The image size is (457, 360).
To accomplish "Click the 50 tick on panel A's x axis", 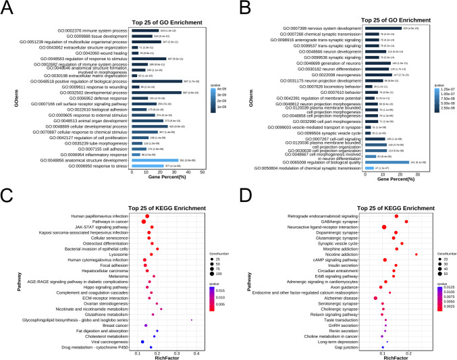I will click(x=203, y=172).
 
